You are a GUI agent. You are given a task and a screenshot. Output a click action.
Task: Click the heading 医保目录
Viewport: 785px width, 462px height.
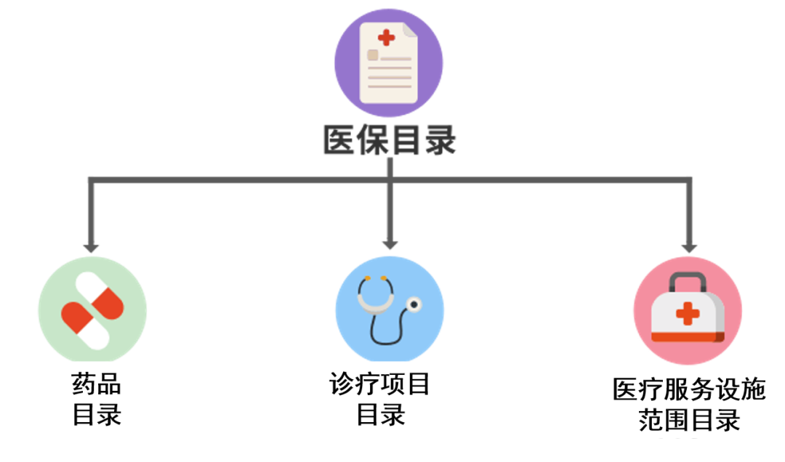pos(390,140)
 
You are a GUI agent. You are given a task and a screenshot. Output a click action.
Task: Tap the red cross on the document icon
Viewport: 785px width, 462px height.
pos(386,37)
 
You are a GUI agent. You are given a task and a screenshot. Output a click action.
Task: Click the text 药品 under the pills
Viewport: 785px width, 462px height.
pos(96,384)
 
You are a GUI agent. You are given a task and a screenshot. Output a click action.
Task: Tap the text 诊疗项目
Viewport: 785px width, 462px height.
pos(379,384)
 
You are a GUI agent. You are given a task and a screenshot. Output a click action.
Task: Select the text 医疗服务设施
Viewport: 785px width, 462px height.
pos(689,389)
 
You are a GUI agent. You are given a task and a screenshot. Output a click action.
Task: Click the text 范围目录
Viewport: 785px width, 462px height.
pos(689,420)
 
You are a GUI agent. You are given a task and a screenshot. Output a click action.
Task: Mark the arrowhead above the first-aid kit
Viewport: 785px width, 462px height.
pos(688,246)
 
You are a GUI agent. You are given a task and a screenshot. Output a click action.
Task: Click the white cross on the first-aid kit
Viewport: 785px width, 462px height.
pos(687,315)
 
